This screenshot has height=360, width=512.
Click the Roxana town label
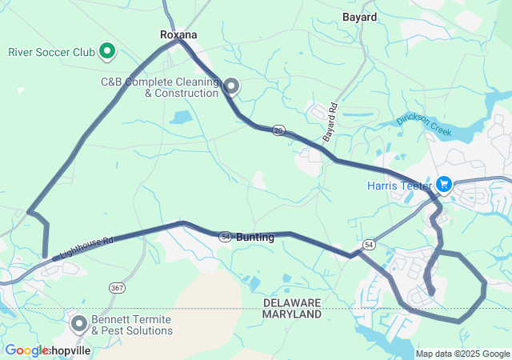(x=178, y=34)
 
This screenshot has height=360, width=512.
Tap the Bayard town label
(x=359, y=16)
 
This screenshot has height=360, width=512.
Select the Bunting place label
(x=255, y=238)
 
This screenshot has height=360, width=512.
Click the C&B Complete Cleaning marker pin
(x=232, y=86)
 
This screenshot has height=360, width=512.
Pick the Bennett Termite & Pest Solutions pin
(x=79, y=324)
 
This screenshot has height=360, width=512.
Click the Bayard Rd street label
(x=331, y=123)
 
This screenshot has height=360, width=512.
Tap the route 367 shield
(x=118, y=288)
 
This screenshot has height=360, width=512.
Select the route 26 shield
(x=278, y=130)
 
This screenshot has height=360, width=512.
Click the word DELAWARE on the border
(x=293, y=302)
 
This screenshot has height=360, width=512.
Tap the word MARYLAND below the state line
(x=293, y=314)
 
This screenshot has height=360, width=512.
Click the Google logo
(x=26, y=350)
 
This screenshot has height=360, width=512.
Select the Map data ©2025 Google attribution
(x=462, y=354)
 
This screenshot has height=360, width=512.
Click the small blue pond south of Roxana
(x=182, y=118)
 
